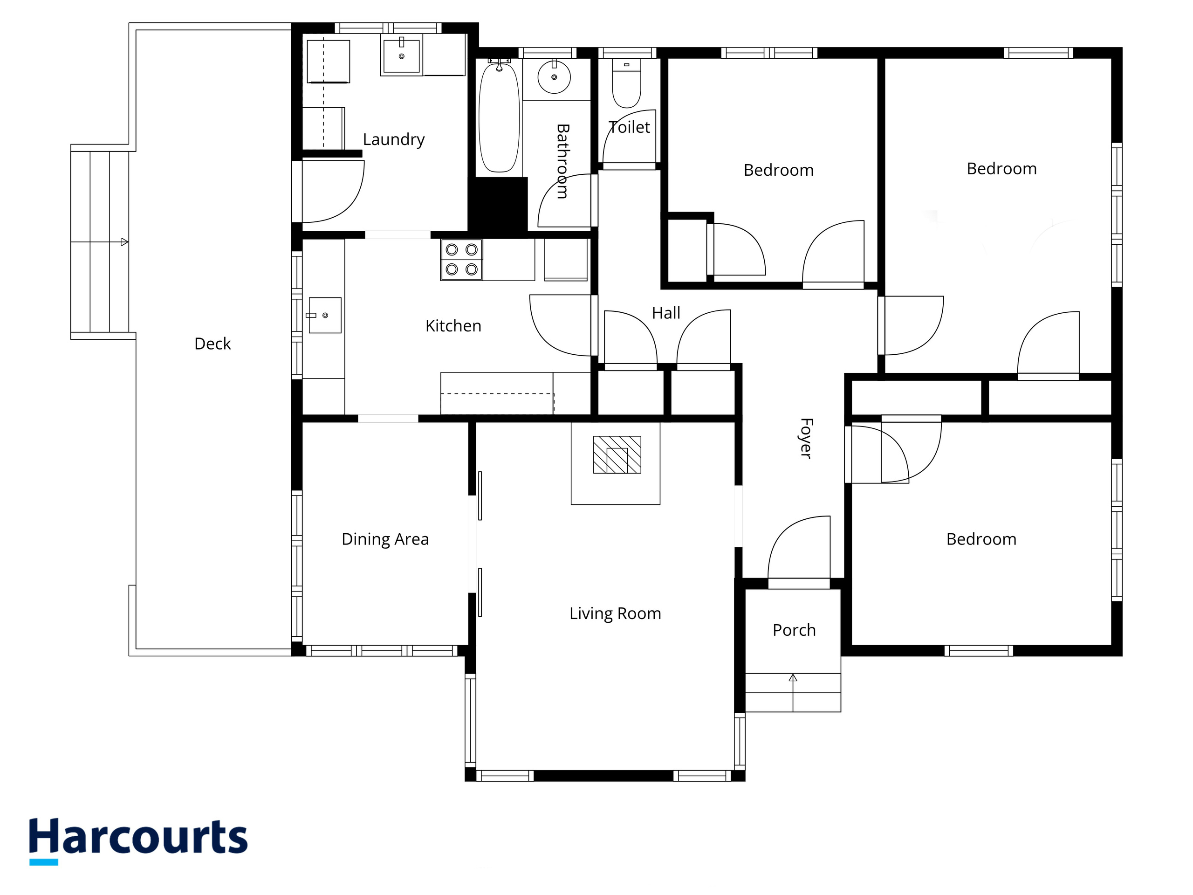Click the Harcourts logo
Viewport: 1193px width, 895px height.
138,841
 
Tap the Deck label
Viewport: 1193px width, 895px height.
213,344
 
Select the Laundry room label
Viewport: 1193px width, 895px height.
394,140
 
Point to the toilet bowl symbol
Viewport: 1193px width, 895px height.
627,83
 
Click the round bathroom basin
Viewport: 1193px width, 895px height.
554,77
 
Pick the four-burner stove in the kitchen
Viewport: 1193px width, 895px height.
462,260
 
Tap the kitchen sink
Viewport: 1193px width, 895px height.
325,315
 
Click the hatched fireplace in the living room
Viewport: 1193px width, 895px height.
617,455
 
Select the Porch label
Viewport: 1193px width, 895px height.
794,630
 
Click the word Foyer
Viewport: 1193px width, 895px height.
806,438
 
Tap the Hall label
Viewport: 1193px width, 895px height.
666,313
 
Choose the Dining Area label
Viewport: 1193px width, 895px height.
385,539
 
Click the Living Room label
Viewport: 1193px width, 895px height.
616,613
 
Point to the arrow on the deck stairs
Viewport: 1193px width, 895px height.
100,242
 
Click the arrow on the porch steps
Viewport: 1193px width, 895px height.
793,693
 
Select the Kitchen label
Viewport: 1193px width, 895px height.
453,326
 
